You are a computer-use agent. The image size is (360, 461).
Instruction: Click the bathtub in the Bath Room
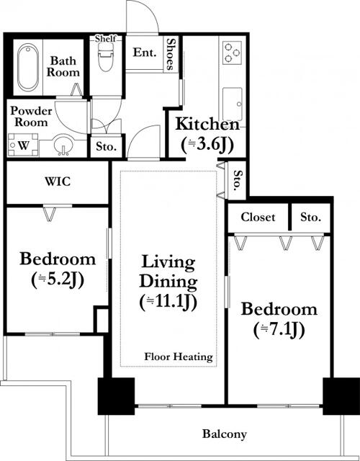point(28,67)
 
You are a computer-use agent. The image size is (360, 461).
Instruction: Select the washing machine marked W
point(23,145)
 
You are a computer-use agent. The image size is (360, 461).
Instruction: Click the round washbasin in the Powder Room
point(63,144)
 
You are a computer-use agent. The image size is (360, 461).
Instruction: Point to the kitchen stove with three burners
point(232,53)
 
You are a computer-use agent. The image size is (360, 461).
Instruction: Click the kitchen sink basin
point(233,104)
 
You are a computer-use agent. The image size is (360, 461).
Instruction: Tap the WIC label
point(58,182)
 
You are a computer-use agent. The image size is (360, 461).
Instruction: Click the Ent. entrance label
point(145,53)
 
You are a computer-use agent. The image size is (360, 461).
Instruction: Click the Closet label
point(258,218)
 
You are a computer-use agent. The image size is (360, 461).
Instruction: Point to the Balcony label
point(224,434)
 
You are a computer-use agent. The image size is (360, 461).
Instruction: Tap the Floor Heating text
point(179,357)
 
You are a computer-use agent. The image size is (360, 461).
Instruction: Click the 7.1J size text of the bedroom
point(279,330)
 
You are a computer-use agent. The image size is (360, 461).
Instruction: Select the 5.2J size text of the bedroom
point(58,279)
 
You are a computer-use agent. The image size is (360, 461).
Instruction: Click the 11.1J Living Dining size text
point(168,302)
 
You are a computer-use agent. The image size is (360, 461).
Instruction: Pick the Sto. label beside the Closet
point(310,218)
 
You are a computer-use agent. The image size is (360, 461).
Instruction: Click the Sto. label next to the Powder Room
point(106,146)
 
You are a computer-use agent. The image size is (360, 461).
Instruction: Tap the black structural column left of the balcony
point(116,396)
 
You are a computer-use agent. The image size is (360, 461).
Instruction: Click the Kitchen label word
point(207,124)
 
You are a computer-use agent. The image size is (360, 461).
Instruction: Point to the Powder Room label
point(31,117)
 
